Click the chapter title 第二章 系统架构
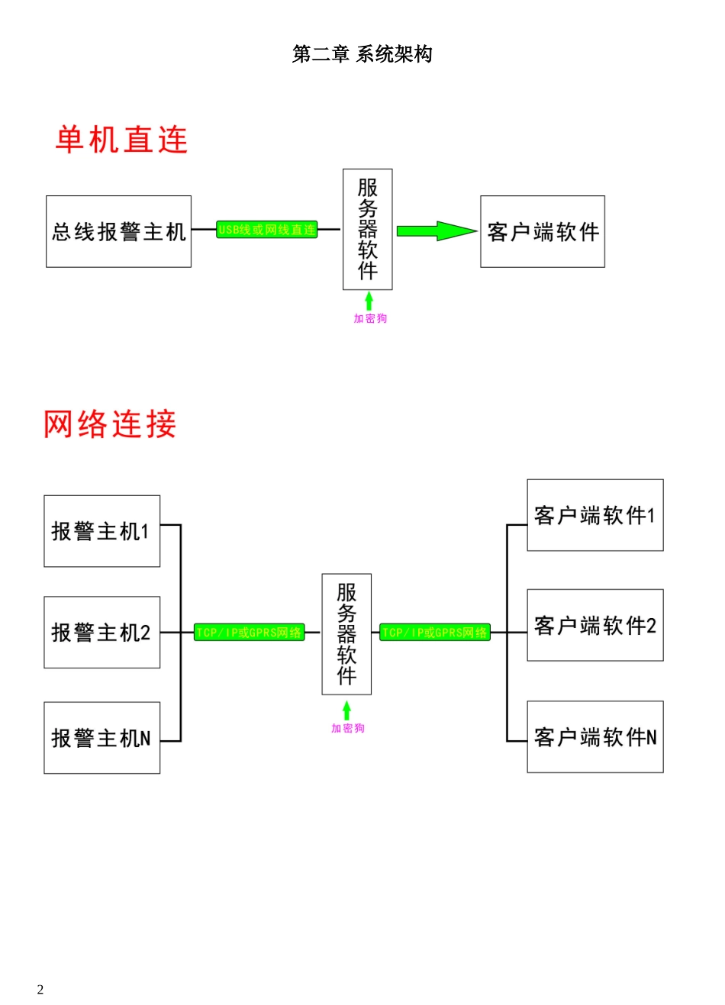(362, 54)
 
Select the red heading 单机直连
(121, 140)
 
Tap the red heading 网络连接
(110, 424)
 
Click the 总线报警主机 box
(118, 231)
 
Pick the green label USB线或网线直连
(266, 230)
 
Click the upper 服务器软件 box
(367, 229)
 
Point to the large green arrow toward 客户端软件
(436, 230)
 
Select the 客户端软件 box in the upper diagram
(542, 231)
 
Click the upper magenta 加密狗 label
(370, 318)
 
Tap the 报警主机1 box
(101, 531)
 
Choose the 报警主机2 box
(101, 632)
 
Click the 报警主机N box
(101, 737)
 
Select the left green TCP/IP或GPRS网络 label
(249, 633)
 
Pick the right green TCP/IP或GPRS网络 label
(435, 633)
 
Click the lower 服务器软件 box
(346, 634)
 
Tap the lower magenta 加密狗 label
(348, 728)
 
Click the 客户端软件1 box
(594, 515)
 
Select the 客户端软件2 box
(594, 625)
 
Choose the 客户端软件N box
(594, 736)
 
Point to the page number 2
(40, 990)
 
